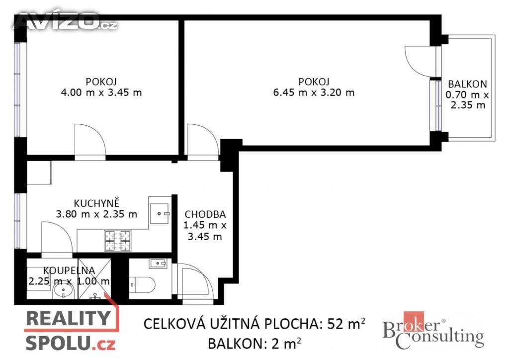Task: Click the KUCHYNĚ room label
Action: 97,203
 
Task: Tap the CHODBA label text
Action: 205,214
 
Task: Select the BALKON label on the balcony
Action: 467,84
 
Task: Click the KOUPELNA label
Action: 69,270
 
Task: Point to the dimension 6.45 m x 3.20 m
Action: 314,92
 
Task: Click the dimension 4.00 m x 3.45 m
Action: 101,92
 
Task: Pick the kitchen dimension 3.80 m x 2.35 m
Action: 96,214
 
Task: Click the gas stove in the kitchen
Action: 117,241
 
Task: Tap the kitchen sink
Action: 160,214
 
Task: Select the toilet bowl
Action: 142,285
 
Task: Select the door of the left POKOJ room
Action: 90,140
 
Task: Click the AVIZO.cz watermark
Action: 65,21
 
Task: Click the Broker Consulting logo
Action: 433,331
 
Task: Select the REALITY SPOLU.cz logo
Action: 71,329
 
